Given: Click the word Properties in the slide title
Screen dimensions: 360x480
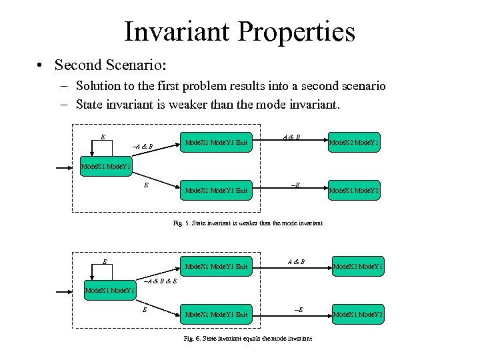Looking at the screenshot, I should [292, 31].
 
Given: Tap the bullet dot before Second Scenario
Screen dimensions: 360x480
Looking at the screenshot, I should [41, 65].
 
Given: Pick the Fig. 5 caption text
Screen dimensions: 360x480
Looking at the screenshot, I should [247, 223].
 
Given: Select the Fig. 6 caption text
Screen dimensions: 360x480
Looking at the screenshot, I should [247, 338].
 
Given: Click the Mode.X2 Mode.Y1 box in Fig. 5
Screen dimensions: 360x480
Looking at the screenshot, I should [357, 142].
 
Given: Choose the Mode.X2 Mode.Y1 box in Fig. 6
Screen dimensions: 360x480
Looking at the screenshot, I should [357, 267].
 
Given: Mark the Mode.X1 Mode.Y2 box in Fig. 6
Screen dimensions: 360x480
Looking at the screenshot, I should [357, 314].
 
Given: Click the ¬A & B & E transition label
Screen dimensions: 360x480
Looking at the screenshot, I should [160, 281].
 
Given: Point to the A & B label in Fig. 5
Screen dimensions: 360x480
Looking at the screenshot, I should [291, 137].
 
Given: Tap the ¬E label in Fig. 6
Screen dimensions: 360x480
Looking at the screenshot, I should [297, 310].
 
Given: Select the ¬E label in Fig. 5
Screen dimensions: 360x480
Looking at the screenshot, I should [295, 185].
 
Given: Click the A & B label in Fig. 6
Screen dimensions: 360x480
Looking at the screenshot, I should [295, 261].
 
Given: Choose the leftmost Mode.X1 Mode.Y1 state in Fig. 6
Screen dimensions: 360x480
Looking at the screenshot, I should [110, 290].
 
